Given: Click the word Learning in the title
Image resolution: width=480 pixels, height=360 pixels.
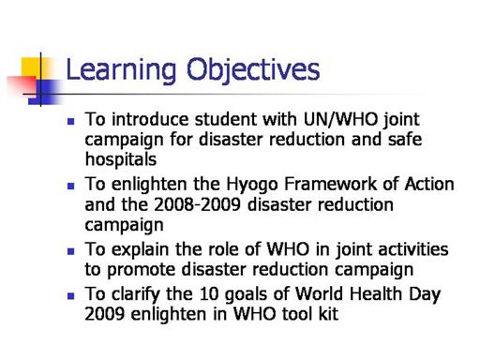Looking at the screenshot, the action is click(121, 70).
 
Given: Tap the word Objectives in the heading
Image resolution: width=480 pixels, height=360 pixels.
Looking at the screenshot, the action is click(253, 70).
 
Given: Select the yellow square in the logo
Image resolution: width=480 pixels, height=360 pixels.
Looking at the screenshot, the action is click(35, 68).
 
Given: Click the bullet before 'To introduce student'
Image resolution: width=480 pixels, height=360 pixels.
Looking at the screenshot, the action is click(71, 121).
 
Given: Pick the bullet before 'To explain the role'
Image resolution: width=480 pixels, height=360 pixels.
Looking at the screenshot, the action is click(71, 251).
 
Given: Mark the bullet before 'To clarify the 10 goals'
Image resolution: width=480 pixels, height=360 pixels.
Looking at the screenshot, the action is click(71, 295).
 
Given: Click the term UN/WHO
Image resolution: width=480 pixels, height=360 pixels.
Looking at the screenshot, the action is click(340, 119).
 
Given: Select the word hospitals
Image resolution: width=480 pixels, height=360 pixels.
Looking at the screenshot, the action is click(121, 159).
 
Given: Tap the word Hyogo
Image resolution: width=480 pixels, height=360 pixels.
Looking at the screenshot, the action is click(252, 186).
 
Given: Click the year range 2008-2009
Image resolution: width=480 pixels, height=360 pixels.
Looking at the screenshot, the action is click(197, 205).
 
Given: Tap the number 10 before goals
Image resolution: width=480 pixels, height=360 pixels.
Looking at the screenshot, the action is click(208, 294).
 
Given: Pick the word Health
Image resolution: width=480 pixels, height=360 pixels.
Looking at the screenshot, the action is click(376, 293).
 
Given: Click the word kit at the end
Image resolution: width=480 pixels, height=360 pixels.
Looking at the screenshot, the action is click(328, 313).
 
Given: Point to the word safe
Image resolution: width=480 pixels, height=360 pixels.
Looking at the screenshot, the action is click(405, 139).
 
